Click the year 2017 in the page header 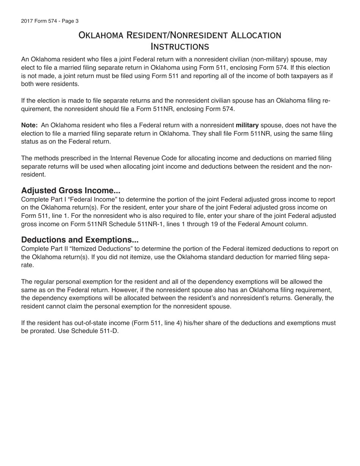[27, 21]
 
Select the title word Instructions [180, 47]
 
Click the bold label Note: [29, 125]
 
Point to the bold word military [247, 125]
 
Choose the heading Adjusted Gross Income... [70, 191]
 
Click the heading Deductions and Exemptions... [80, 240]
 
